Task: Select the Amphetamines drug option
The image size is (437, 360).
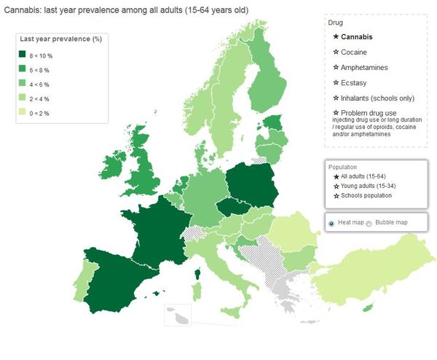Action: pos(360,67)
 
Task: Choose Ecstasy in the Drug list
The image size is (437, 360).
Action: pos(351,82)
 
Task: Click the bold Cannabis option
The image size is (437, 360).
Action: pos(353,36)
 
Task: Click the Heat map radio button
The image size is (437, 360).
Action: pos(332,223)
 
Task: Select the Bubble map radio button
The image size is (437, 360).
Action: pos(369,223)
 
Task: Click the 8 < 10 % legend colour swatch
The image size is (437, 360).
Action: pos(23,55)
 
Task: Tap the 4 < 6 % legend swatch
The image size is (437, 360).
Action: pos(23,83)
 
